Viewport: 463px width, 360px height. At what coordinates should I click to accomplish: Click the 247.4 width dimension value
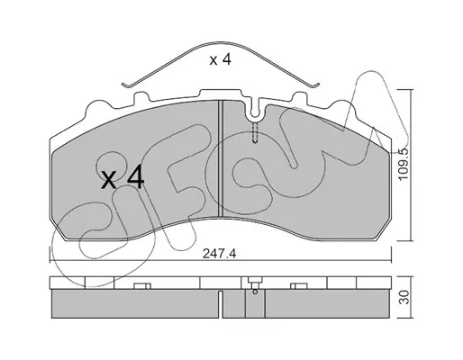220,254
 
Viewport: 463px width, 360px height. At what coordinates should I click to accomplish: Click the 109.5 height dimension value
404,164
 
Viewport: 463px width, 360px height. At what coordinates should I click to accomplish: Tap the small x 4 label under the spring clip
221,59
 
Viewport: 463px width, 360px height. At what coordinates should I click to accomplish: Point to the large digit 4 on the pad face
136,178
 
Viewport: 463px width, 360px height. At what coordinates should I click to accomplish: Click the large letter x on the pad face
109,180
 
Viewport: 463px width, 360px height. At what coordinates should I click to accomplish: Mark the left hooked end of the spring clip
125,85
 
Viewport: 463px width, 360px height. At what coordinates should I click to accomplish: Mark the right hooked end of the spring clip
316,85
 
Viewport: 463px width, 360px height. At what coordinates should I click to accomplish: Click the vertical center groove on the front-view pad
221,158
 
